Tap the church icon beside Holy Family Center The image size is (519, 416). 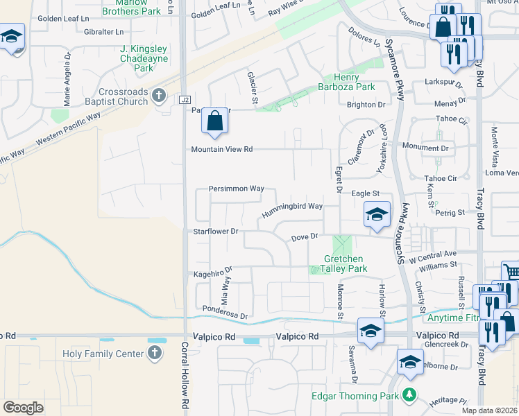[x=155, y=353]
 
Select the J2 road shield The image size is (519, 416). [x=184, y=100]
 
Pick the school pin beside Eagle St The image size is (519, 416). [x=377, y=214]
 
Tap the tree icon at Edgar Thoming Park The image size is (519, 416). [x=409, y=395]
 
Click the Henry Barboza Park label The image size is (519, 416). [x=345, y=82]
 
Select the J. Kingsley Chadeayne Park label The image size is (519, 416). [x=144, y=58]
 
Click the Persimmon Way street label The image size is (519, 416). [x=237, y=189]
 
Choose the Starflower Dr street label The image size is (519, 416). [x=216, y=231]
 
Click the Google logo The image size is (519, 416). [x=24, y=407]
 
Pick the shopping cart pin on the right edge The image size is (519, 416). [x=510, y=273]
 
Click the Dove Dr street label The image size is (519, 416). [x=304, y=237]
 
